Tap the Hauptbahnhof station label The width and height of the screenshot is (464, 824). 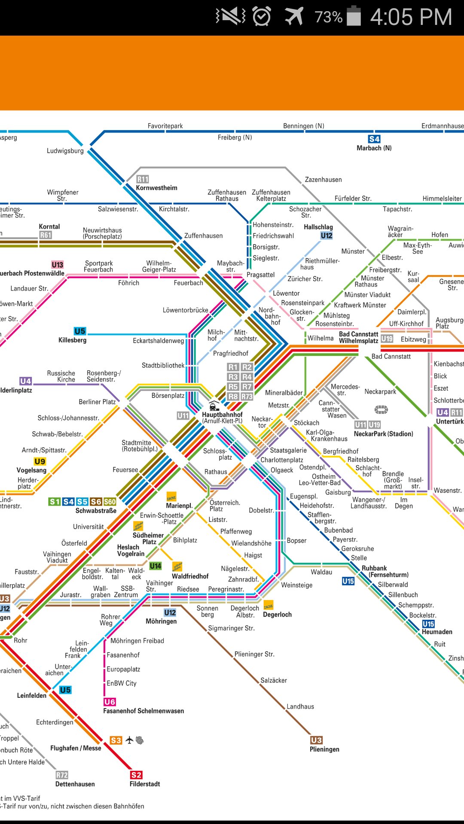click(222, 415)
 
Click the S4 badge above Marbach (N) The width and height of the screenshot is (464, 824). click(374, 139)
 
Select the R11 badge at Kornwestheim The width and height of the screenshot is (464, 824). click(143, 179)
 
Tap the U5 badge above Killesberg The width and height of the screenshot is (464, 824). click(80, 331)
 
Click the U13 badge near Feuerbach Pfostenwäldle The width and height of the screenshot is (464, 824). click(57, 265)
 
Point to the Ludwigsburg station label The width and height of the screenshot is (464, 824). click(65, 151)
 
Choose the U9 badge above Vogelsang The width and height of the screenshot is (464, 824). click(40, 462)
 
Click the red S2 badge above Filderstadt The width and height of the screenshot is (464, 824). click(136, 775)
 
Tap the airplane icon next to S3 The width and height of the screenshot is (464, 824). click(130, 740)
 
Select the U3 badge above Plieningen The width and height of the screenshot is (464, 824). click(316, 740)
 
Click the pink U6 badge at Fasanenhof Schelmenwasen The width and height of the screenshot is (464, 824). click(110, 702)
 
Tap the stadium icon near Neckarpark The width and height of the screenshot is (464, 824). click(381, 409)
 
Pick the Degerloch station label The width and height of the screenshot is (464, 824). click(277, 615)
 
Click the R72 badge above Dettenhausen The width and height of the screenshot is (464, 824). click(62, 775)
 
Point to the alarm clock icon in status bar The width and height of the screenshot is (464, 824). click(262, 17)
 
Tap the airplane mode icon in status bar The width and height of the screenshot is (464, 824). click(294, 17)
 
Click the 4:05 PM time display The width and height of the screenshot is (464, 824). click(411, 17)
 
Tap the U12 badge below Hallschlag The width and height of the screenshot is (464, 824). click(327, 236)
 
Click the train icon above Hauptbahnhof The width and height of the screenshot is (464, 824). click(214, 406)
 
